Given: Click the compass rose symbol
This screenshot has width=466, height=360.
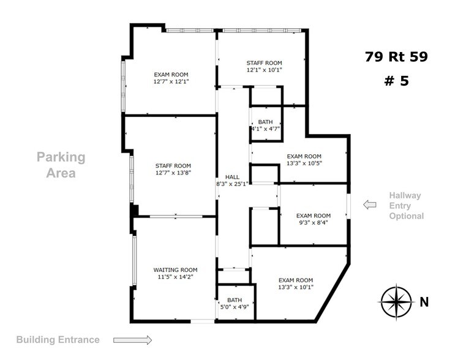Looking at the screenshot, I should [397, 302].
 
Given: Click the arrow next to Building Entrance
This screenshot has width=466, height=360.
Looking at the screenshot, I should [133, 340].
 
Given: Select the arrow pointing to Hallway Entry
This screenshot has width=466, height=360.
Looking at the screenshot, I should [370, 205].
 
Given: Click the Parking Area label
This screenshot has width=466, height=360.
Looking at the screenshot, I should [61, 165].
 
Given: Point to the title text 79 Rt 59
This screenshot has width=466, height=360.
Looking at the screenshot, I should [396, 58].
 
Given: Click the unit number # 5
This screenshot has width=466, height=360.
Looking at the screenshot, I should [396, 80].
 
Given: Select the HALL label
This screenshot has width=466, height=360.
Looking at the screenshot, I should [232, 176].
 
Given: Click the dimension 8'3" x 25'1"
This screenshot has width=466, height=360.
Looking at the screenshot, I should [232, 184].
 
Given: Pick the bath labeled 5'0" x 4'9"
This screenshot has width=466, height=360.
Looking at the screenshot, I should [235, 303].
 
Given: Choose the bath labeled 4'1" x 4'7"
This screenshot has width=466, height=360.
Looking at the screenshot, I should [265, 126].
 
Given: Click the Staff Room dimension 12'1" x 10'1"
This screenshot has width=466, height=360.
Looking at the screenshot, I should [264, 70].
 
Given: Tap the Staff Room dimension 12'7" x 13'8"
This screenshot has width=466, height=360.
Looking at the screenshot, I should [173, 173].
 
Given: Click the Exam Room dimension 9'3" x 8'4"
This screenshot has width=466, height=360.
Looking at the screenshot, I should [313, 223].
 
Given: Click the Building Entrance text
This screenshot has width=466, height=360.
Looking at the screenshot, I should [58, 340].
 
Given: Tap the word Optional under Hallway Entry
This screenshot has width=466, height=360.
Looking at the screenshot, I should [407, 216].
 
